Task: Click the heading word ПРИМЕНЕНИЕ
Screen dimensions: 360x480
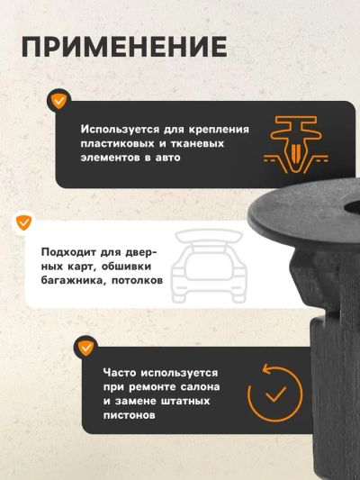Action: tap(124, 47)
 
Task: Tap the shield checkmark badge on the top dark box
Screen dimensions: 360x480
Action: tap(58, 101)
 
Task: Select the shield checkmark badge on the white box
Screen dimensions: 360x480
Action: tap(24, 222)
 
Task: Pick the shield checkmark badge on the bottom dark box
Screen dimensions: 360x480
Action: tap(85, 348)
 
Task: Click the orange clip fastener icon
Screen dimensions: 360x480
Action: tap(296, 144)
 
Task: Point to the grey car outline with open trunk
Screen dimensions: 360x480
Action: tap(209, 266)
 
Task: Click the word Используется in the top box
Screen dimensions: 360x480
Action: tap(121, 129)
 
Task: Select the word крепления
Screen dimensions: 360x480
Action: tap(219, 130)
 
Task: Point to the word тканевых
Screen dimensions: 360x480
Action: tap(197, 143)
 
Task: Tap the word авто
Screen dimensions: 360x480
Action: tap(168, 158)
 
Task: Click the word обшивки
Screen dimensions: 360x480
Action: tap(126, 266)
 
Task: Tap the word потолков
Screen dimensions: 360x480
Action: tap(137, 281)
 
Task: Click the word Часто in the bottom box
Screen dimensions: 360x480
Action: tap(120, 373)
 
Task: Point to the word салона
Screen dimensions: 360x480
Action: tap(200, 387)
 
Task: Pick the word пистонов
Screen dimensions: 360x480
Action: tap(129, 415)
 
